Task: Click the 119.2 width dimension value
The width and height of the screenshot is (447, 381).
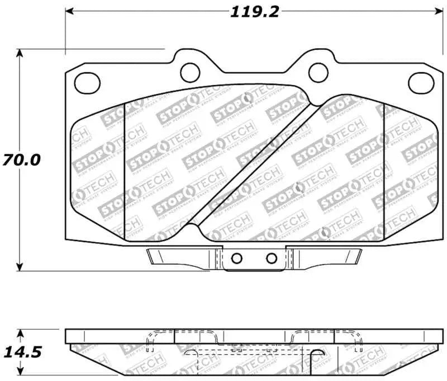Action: coord(254,12)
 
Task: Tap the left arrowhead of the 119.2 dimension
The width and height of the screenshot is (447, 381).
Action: coord(70,11)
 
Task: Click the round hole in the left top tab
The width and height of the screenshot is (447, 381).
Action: coord(191,70)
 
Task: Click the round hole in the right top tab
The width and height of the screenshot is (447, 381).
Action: coord(318,70)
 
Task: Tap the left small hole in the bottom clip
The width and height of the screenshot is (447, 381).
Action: coord(236,258)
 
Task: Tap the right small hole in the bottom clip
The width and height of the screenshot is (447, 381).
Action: coord(272,258)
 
